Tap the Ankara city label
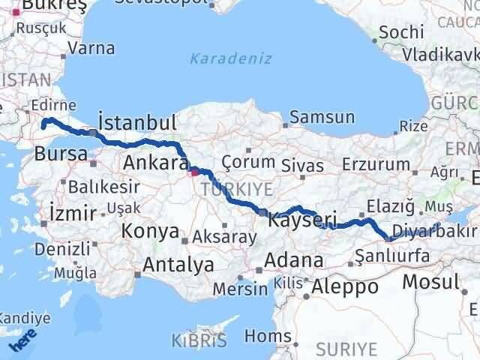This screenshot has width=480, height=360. (154, 163)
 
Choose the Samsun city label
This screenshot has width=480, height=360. (322, 117)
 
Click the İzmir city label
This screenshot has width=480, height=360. (71, 212)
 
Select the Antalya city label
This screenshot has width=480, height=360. (178, 265)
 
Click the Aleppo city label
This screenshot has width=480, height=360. (344, 286)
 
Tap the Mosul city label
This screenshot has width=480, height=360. (430, 282)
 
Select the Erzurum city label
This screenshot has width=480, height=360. (376, 165)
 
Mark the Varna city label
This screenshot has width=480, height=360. (90, 49)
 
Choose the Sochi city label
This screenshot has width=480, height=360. (399, 32)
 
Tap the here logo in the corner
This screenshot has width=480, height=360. (22, 341)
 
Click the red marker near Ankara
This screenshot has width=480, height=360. (194, 172)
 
